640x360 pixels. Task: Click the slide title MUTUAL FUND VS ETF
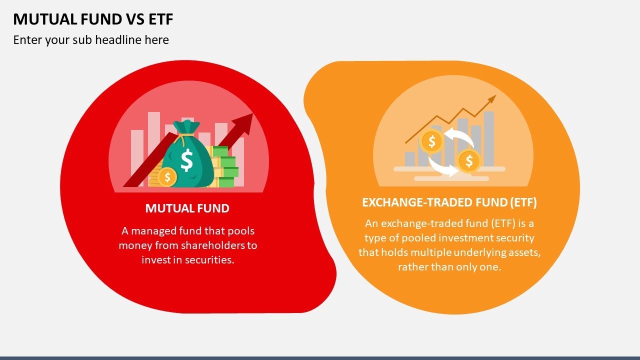(93, 19)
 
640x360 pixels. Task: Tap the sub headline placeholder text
(91, 40)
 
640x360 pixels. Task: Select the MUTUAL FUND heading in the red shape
(187, 208)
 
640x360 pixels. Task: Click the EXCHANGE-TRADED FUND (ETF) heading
(449, 202)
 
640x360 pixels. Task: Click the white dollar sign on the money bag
(186, 160)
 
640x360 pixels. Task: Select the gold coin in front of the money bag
(167, 177)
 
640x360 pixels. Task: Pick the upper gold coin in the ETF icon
(432, 141)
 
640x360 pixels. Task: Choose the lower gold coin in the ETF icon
(469, 161)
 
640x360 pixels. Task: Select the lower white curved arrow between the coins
(440, 167)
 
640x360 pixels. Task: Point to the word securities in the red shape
(210, 260)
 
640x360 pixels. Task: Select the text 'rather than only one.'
(449, 267)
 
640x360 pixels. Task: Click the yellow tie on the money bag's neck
(186, 134)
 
